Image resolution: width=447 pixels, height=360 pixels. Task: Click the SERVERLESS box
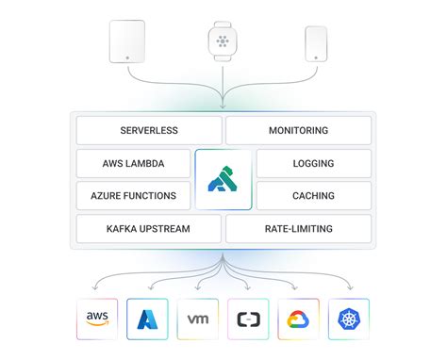(149, 130)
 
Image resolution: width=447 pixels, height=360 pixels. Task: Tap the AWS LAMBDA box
(133, 163)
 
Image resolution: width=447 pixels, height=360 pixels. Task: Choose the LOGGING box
(313, 163)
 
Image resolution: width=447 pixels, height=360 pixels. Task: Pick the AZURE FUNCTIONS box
(133, 195)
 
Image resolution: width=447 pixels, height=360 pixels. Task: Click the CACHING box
(313, 195)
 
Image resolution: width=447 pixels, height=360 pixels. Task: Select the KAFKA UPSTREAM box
(149, 228)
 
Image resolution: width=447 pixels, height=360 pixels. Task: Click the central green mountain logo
(223, 179)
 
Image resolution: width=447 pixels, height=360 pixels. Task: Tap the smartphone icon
(317, 43)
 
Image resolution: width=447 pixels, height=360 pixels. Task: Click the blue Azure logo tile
(150, 319)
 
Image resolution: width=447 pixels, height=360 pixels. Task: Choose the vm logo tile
(198, 319)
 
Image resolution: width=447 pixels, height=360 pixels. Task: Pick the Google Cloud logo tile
(298, 319)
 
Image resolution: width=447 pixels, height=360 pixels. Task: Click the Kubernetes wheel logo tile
(348, 319)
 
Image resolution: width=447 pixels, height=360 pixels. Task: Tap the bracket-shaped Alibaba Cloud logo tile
(248, 319)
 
